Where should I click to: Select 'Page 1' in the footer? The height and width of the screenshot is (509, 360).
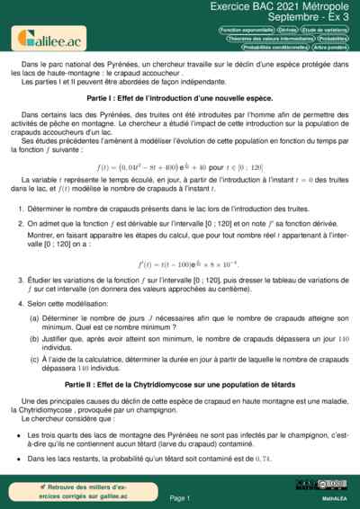coord(180,497)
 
